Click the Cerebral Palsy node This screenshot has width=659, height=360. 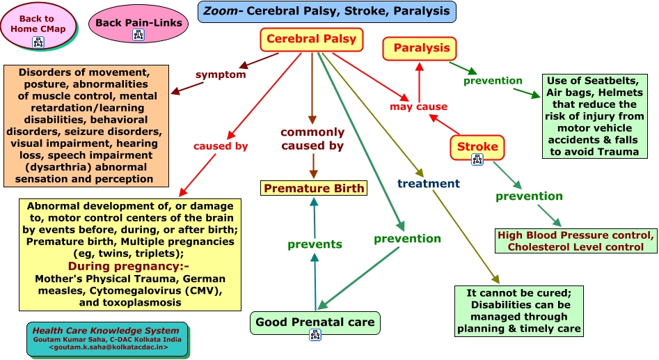click(311, 40)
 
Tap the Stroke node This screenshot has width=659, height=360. click(477, 146)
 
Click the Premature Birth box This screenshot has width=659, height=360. click(314, 188)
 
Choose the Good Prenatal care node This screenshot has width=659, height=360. click(315, 322)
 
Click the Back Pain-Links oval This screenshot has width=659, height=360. click(138, 23)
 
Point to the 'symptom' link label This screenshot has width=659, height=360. click(221, 75)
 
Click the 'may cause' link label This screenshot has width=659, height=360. click(418, 107)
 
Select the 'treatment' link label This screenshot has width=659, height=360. click(429, 184)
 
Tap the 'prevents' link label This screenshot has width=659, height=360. click(315, 244)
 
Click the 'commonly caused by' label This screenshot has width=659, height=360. click(312, 139)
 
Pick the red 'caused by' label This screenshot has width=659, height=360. click(221, 146)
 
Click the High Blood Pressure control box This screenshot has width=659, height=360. click(575, 241)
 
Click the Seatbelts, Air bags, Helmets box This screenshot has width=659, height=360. click(595, 116)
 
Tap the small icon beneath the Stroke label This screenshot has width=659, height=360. click(477, 159)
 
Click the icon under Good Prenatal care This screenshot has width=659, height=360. click(315, 335)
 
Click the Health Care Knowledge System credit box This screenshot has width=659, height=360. click(108, 338)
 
